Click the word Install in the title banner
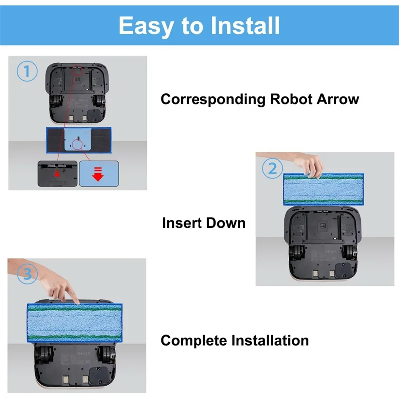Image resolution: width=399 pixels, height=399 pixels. click(245, 25)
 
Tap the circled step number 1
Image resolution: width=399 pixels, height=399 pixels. click(27, 71)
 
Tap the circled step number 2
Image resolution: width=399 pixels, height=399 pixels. click(272, 168)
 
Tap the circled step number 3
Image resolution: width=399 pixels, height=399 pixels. click(28, 274)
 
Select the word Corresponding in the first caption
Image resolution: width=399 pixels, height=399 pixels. click(213, 99)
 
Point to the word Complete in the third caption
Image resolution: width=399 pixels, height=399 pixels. click(194, 341)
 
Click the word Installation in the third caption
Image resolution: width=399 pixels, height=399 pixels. click(270, 341)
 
